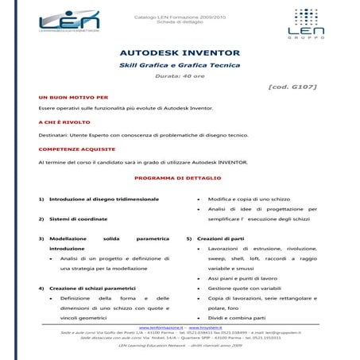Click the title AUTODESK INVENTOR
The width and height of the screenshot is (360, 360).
(179, 52)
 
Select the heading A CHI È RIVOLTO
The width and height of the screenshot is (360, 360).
(64, 122)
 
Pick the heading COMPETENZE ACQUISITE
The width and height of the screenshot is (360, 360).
(75, 149)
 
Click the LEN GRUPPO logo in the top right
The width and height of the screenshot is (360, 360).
(303, 24)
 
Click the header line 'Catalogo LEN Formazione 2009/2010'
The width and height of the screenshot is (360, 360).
(180, 14)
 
